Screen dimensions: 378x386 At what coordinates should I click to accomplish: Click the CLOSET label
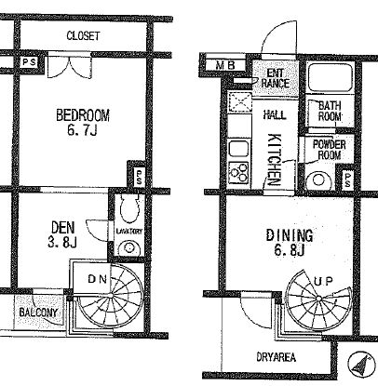pos(83,35)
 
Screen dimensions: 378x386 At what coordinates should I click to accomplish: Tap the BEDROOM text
pos(83,115)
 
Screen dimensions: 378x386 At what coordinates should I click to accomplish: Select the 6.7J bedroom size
pos(82,130)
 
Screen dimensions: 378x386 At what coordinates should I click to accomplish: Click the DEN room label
pos(63,228)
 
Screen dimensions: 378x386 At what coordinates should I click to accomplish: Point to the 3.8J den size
pos(62,242)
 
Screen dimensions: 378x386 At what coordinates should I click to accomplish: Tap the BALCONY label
pos(38,313)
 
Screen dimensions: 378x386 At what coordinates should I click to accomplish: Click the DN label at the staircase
pos(97,279)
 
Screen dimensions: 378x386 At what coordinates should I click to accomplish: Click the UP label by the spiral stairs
pos(323,282)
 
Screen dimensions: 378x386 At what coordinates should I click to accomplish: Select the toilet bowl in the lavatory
pos(128,208)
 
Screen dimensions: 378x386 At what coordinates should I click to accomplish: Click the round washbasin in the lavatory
pos(128,247)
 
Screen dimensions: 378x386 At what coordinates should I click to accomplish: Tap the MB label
pos(226,65)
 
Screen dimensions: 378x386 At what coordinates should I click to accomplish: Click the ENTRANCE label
pos(276,78)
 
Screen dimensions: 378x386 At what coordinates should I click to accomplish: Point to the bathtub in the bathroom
pos(330,78)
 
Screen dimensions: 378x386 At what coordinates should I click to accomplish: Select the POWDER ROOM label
pos(330,150)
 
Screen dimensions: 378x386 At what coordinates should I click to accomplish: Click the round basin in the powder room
pos(318,180)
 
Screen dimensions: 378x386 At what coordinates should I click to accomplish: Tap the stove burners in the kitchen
pos(238,173)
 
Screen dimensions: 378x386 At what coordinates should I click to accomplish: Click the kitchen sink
pos(238,150)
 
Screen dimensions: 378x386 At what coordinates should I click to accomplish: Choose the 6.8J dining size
pos(289,250)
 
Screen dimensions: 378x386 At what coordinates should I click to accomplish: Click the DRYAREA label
pos(276,357)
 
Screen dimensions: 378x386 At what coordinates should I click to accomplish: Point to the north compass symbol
pos(360,364)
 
